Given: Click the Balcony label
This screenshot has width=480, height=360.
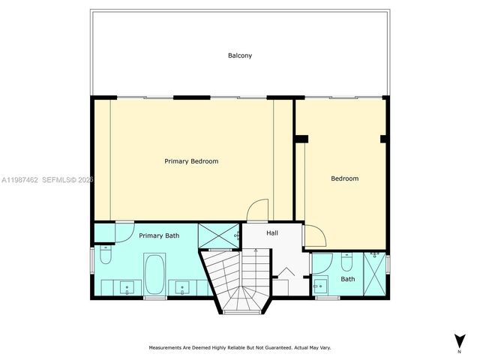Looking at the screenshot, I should [240, 55].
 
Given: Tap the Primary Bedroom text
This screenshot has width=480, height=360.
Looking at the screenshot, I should [191, 161].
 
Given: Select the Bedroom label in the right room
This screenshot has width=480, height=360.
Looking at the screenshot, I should [345, 178].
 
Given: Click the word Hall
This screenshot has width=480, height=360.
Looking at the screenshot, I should [272, 233].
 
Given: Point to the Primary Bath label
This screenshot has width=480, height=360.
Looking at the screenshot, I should [159, 236].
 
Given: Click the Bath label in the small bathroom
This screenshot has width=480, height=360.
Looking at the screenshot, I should [348, 279].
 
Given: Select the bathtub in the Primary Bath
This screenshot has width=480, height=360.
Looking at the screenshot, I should [154, 274].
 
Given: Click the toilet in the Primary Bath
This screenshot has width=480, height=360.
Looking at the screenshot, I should [105, 256].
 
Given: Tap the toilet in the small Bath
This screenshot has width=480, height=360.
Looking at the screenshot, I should [346, 262].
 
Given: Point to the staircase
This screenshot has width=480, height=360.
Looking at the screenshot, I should [238, 281].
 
